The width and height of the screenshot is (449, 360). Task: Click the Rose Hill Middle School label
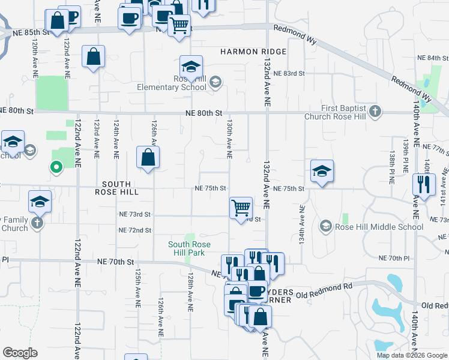click(379, 227)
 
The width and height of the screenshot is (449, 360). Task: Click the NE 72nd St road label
click(135, 230)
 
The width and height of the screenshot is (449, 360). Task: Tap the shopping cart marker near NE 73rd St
click(241, 208)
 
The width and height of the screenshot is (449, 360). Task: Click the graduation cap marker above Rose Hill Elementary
click(191, 67)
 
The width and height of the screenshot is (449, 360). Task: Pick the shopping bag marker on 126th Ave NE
click(148, 158)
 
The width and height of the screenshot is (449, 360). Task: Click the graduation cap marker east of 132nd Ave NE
click(322, 171)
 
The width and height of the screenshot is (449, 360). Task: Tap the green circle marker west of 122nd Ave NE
click(56, 167)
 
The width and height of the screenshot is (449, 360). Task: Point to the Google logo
click(20, 353)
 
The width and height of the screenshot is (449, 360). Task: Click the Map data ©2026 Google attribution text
click(411, 355)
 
